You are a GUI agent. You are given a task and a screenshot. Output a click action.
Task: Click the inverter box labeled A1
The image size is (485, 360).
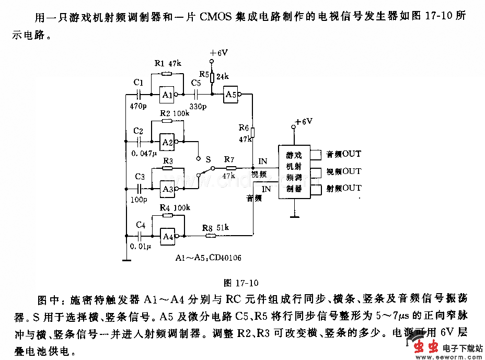click(168, 95)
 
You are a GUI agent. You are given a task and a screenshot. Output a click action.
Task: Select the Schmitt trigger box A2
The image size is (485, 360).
click(168, 142)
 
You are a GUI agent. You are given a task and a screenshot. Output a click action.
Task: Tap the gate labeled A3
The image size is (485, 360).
click(168, 189)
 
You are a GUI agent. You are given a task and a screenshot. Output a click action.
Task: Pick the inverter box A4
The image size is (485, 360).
click(168, 236)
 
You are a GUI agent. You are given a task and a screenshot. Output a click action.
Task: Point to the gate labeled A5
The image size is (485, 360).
click(230, 95)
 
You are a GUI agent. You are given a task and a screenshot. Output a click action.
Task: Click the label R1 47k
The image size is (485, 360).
click(168, 64)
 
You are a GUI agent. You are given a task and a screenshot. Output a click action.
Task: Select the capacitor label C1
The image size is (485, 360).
click(138, 83)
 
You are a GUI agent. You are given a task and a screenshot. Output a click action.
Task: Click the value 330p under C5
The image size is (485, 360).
click(199, 106)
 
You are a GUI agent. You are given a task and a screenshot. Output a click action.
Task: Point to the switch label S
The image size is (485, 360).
click(207, 158)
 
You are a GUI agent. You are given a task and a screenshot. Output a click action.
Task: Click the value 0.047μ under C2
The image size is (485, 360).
click(144, 154)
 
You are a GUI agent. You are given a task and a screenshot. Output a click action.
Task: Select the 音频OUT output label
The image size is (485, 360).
click(343, 154)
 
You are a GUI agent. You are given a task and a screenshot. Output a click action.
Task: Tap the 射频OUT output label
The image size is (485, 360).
click(343, 188)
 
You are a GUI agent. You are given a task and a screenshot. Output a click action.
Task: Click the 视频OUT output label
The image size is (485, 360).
click(343, 171)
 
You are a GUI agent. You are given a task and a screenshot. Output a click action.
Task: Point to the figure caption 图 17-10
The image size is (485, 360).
click(241, 283)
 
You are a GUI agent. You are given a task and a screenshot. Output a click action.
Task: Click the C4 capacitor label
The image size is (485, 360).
click(140, 225)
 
